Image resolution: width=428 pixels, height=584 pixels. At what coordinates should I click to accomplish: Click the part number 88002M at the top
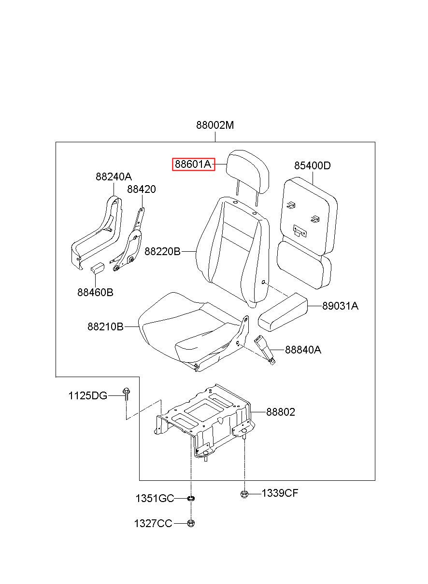(214, 125)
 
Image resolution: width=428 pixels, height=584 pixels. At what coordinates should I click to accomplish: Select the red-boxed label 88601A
(193, 164)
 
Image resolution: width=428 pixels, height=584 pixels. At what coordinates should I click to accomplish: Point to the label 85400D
(312, 165)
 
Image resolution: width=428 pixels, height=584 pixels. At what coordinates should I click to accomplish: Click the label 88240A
(114, 177)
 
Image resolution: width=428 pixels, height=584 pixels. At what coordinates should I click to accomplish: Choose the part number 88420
(141, 189)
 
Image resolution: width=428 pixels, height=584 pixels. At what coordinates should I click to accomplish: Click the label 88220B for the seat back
(162, 251)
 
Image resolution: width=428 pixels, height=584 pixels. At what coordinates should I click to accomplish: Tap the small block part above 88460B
(98, 268)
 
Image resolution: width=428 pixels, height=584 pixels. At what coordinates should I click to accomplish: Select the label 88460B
(95, 292)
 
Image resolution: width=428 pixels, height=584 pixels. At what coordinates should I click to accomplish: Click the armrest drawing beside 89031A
(283, 312)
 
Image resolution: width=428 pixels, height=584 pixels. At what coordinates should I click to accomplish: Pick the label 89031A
(340, 306)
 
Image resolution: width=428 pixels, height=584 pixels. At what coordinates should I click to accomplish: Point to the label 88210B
(105, 326)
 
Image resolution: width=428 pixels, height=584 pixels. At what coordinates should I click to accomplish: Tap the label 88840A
(303, 350)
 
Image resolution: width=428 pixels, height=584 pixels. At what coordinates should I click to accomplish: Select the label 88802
(281, 412)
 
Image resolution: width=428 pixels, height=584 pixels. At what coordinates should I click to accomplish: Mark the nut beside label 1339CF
(244, 493)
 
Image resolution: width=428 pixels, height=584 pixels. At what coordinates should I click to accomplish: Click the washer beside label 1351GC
(191, 499)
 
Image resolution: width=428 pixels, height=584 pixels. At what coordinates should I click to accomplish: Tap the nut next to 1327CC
(191, 523)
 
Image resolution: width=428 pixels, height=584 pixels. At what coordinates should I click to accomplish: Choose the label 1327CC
(153, 523)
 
